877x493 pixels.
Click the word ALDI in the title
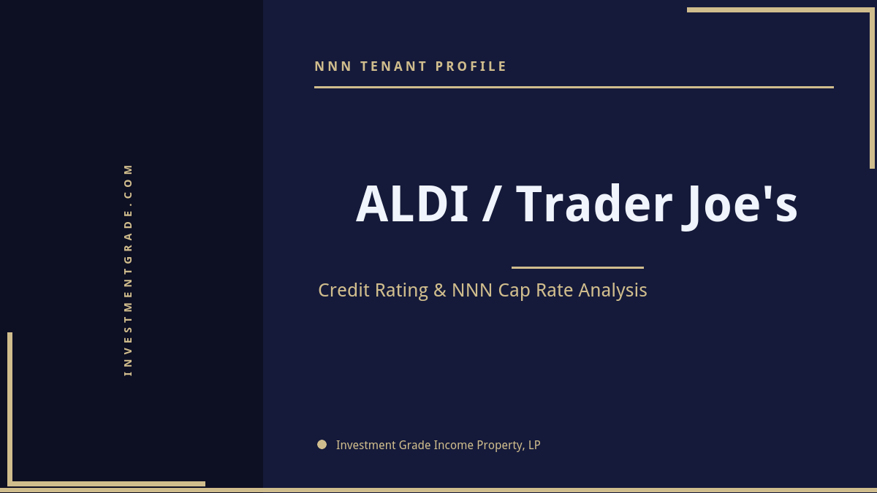pos(411,205)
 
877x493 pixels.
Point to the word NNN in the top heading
pos(333,66)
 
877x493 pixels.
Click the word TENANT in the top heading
pos(393,66)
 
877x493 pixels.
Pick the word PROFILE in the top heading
pos(471,66)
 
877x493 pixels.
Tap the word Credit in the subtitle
pos(344,290)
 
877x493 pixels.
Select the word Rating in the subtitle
pos(401,291)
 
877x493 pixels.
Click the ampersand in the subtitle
pos(439,291)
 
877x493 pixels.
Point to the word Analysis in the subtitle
pos(612,291)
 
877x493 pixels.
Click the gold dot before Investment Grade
pos(322,444)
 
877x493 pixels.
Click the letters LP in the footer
pos(534,445)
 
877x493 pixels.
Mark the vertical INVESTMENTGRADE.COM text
pos(129,270)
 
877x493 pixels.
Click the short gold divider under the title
pos(577,267)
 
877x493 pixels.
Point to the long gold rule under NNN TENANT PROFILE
pos(574,87)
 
